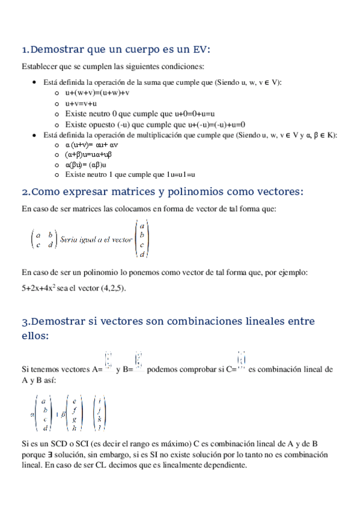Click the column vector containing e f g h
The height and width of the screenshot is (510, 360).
(x=74, y=414)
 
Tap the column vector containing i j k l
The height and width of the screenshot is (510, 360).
(x=103, y=414)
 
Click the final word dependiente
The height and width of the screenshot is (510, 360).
(x=225, y=465)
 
